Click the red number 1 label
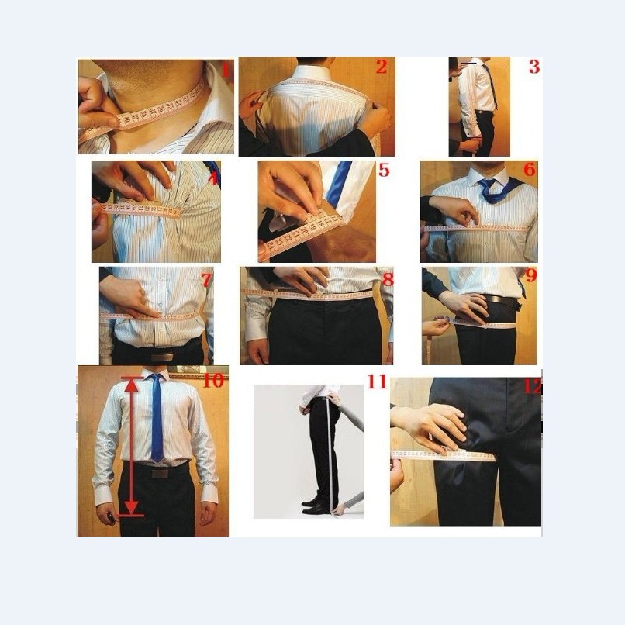226,70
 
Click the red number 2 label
381,67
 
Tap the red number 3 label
533,67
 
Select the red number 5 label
384,170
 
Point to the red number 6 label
530,170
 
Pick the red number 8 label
388,278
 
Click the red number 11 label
377,382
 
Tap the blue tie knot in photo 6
487,187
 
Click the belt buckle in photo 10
160,471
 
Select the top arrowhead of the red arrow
132,381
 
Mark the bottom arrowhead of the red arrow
132,509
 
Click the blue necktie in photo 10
157,419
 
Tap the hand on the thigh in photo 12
430,426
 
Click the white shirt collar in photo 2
313,73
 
